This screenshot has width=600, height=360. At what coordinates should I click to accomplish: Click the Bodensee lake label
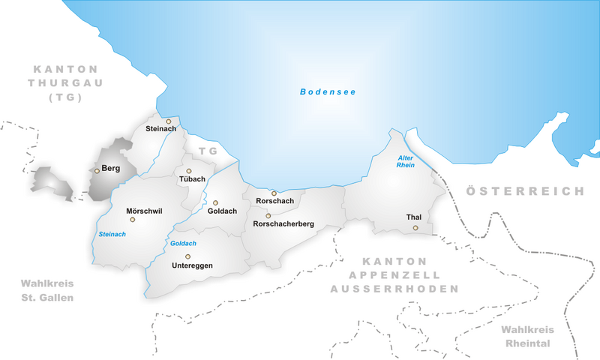pos(328,91)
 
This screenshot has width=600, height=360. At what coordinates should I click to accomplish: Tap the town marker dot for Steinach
pos(169,121)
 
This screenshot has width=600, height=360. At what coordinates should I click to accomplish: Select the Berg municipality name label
pos(111,169)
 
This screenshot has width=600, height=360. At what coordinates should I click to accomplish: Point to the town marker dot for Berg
pos(97,171)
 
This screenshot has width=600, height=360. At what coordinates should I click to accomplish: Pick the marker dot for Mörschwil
pos(133,220)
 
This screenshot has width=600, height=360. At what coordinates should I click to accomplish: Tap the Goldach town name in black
pos(222,211)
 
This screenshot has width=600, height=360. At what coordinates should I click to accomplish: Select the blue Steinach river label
pos(112,234)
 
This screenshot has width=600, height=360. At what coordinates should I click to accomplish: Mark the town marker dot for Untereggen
pos(188,256)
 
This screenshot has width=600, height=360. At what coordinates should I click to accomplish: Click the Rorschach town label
pos(274,202)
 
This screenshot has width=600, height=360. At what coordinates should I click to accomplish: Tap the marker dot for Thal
pos(415,227)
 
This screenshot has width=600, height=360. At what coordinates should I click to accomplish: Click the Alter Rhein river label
pos(405,160)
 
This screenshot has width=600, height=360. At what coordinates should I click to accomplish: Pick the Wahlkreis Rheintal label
pos(526,337)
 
